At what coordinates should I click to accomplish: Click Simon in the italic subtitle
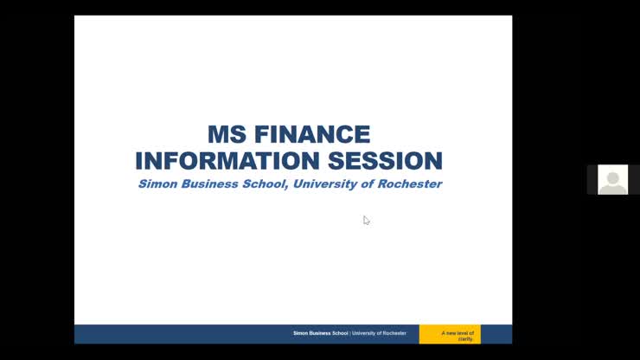pos(157,184)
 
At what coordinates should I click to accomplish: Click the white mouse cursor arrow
pos(366,220)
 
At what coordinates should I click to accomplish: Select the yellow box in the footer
pos(450,334)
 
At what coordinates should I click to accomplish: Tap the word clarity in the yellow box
pos(465,338)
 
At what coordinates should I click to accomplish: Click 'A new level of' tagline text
pos(458,332)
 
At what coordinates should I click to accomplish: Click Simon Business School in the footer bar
pos(320,333)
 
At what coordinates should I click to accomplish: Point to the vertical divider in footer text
pos(349,333)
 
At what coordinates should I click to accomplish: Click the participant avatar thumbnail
pos(612,179)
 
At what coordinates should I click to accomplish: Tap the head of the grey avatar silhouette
pos(612,177)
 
